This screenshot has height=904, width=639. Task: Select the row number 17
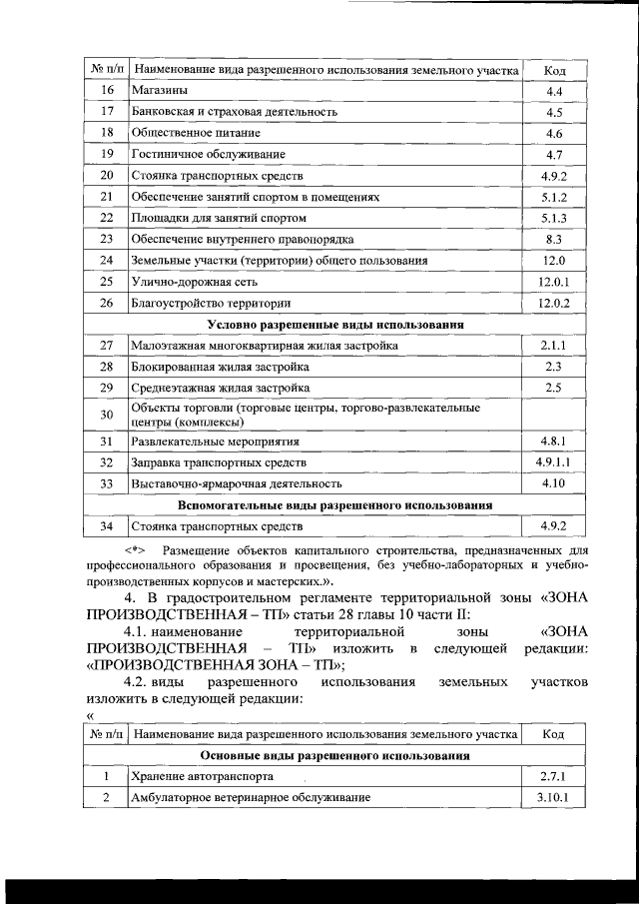108,113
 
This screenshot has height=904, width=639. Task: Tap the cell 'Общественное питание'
196,134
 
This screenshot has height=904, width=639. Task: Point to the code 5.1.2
554,197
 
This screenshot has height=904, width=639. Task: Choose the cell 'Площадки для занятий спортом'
219,218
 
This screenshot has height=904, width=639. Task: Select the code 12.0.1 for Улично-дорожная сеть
554,282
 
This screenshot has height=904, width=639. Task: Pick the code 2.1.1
554,346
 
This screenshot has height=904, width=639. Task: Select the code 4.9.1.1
554,462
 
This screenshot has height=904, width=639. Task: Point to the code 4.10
554,483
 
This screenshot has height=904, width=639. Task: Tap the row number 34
108,525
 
